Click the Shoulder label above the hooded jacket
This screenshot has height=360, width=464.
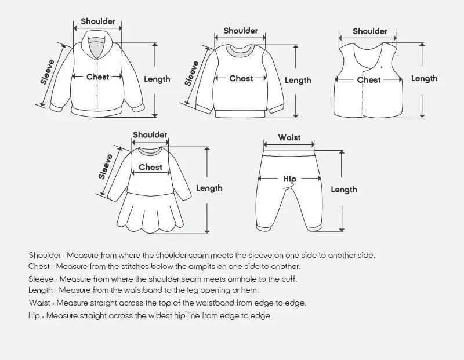pyautogui.click(x=97, y=21)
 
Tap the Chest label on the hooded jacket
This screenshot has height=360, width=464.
pyautogui.click(x=97, y=77)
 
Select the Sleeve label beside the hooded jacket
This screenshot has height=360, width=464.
pyautogui.click(x=48, y=72)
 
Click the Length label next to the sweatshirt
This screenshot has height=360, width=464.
pyautogui.click(x=298, y=80)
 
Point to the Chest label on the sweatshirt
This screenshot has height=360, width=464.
pyautogui.click(x=241, y=78)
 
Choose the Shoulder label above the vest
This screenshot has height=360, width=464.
pyautogui.click(x=369, y=31)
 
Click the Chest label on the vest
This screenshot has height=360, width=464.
pyautogui.click(x=368, y=79)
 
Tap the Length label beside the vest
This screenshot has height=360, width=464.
pyautogui.click(x=424, y=78)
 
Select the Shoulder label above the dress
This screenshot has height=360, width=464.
pyautogui.click(x=150, y=135)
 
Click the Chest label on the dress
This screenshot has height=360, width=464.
pyautogui.click(x=150, y=167)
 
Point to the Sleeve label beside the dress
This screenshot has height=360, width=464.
pyautogui.click(x=106, y=166)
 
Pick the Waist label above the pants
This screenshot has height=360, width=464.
pyautogui.click(x=289, y=137)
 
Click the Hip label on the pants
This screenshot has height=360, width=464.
pyautogui.click(x=289, y=179)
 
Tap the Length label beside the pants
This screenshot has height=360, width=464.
pyautogui.click(x=344, y=190)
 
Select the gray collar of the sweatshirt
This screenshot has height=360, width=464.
pyautogui.click(x=240, y=52)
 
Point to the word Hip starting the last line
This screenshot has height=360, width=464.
pyautogui.click(x=34, y=315)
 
